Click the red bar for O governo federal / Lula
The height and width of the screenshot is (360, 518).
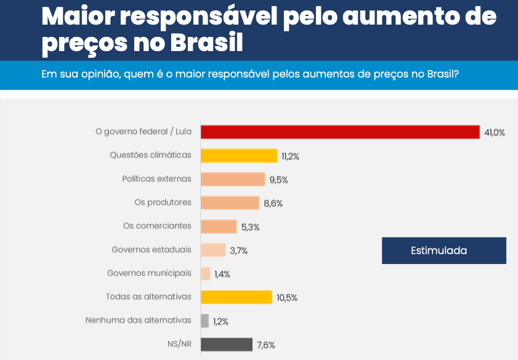pos(340,132)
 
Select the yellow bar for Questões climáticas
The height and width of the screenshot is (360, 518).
pos(239,156)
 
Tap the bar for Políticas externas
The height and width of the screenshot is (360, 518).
pos(233,179)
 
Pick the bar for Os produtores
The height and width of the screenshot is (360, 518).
pos(230,202)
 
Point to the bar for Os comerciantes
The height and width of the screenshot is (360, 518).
pos(219,226)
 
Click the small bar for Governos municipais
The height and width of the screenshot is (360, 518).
pos(206,273)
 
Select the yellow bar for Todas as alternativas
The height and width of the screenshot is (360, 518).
pos(237,297)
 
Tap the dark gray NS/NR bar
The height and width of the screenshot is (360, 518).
pos(227,344)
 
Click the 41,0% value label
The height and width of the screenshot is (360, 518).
pos(494,133)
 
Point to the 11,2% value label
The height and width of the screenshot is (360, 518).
pos(290,156)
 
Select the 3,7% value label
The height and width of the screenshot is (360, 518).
pos(239,250)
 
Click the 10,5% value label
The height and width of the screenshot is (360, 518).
pos(287,298)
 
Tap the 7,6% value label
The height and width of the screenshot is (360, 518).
pos(266,345)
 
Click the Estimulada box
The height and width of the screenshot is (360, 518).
pos(443,250)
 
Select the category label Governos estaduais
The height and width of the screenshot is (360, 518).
pos(152,250)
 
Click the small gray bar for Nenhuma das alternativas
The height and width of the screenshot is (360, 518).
pos(204,321)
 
